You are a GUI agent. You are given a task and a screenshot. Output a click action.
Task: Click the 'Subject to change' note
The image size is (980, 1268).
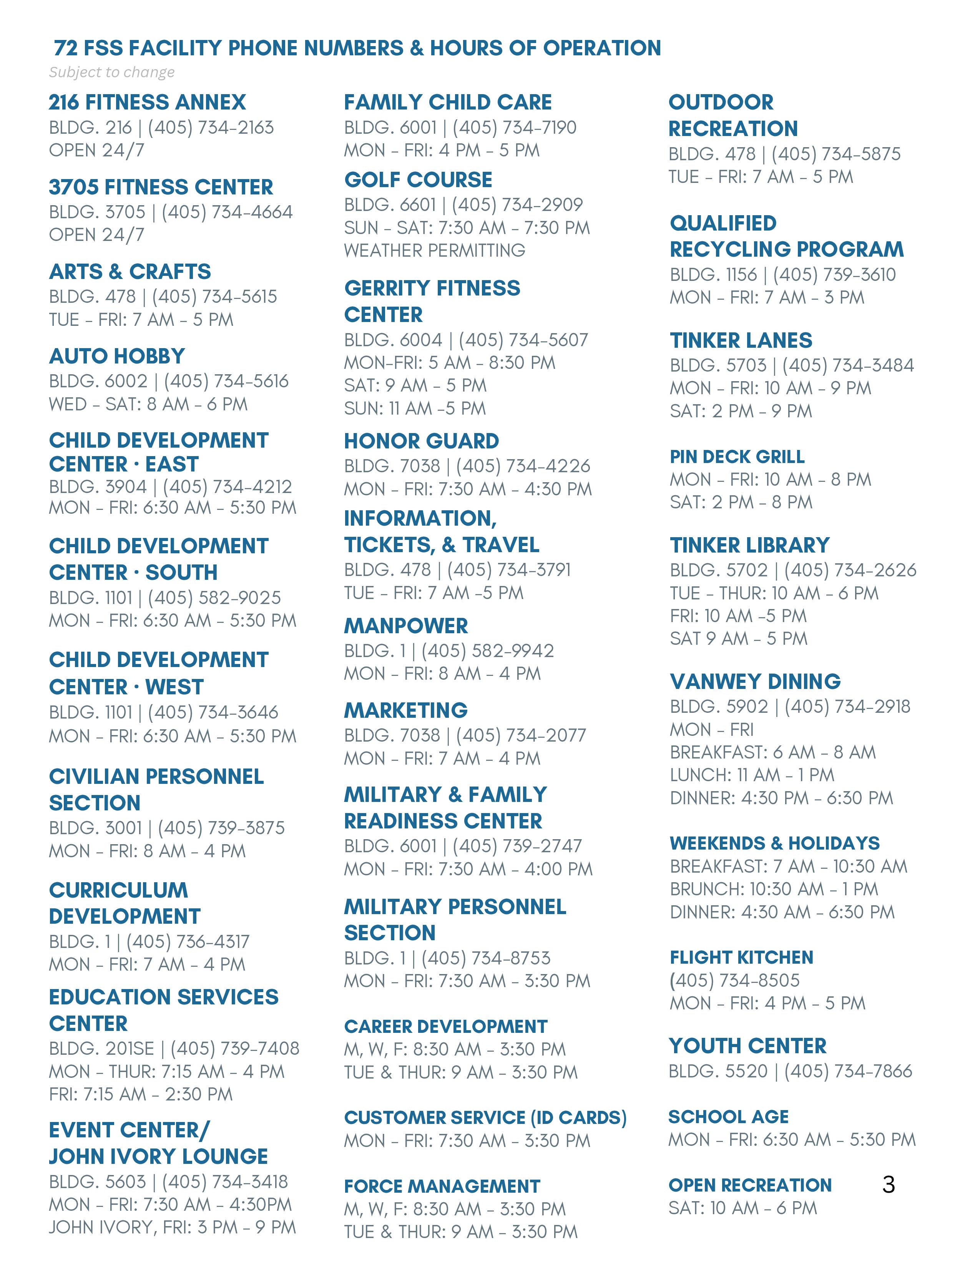111,72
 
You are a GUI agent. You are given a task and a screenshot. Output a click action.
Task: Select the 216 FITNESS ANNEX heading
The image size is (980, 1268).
148,102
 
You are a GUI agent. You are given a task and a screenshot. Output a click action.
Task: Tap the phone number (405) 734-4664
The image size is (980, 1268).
227,212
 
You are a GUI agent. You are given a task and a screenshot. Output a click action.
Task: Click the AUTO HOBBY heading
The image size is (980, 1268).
117,356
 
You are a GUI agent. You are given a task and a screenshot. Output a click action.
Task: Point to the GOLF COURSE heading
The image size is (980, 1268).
418,179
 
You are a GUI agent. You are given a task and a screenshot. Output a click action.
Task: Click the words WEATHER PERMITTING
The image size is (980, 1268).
434,250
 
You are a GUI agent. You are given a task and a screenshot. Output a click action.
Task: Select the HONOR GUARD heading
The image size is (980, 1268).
422,441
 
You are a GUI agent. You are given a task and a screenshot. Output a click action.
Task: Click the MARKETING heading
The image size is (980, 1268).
406,710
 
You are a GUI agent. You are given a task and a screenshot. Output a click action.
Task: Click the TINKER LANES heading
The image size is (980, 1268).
741,340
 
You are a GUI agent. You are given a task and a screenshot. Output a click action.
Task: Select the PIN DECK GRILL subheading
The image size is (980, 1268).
737,456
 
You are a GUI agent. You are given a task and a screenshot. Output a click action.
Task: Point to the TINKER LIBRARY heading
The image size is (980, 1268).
749,545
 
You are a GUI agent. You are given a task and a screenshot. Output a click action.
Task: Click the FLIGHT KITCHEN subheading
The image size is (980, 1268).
741,958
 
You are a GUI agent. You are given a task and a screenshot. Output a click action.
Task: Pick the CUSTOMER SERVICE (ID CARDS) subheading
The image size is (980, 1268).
485,1118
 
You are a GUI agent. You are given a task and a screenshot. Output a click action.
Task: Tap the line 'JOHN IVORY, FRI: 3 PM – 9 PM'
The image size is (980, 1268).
173,1227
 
